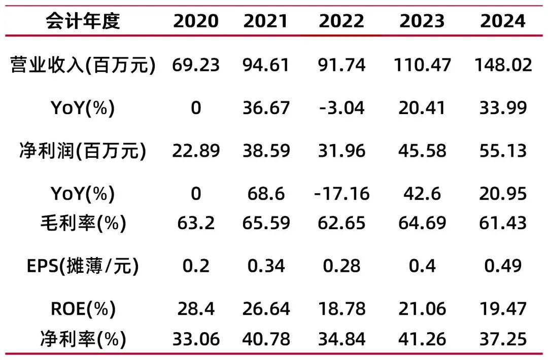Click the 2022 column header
tap(341, 20)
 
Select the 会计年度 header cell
tap(83, 20)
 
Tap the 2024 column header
tap(503, 20)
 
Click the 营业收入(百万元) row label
tap(83, 65)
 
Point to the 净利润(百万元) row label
tap(83, 151)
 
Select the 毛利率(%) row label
tap(83, 223)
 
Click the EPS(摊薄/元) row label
tap(83, 266)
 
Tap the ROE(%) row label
tap(83, 308)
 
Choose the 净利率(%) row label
tap(83, 339)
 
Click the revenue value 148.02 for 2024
tap(503, 65)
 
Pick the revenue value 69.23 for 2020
tap(196, 65)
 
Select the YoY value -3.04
tap(341, 107)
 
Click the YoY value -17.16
tap(341, 194)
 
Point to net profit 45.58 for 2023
tap(422, 151)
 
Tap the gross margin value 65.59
tap(266, 223)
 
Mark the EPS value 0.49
tap(503, 266)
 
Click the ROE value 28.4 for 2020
tap(196, 308)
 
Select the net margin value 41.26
tap(422, 339)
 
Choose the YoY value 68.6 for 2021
tap(266, 194)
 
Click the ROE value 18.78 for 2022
tap(341, 308)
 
